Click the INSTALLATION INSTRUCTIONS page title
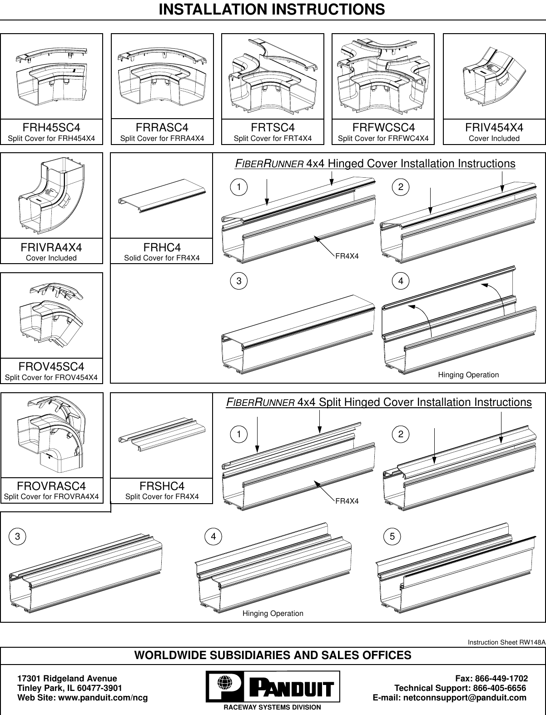[272, 10]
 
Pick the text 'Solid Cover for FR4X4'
[162, 258]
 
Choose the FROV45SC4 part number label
[51, 366]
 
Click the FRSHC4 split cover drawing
[162, 435]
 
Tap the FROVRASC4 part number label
[51, 486]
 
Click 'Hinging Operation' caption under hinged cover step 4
[468, 375]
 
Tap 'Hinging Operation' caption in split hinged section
[273, 614]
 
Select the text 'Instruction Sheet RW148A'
[506, 642]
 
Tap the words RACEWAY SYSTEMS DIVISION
[272, 708]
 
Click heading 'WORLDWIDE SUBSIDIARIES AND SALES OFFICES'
[273, 655]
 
